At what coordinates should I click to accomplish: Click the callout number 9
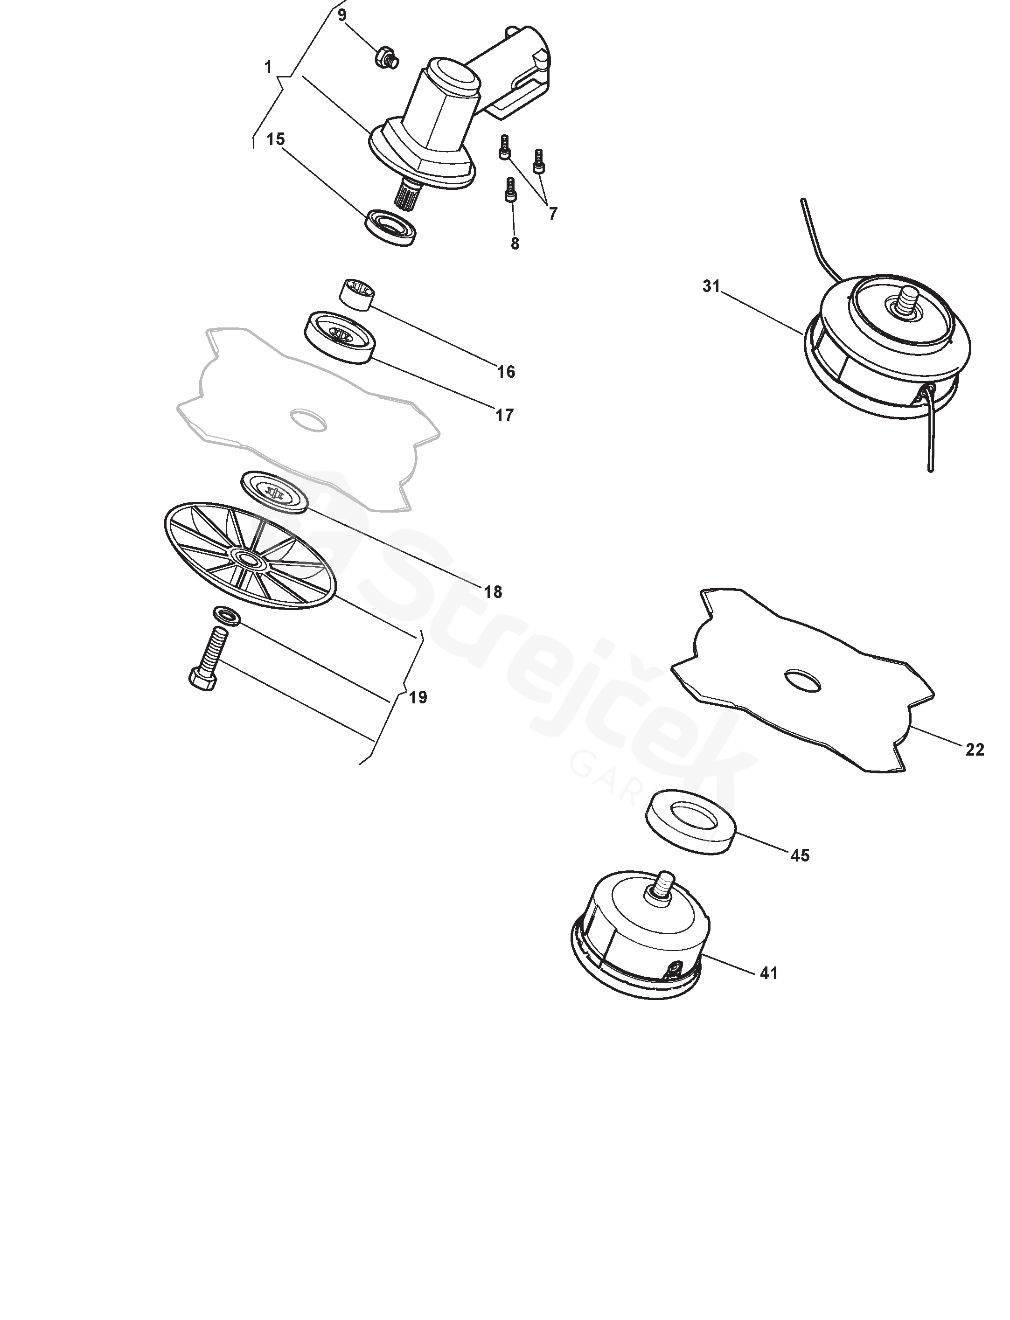point(342,14)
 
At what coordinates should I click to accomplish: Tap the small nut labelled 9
point(385,58)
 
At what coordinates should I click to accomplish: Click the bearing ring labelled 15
point(391,227)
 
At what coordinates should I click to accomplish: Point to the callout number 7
point(552,213)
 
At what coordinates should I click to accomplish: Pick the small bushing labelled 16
point(357,294)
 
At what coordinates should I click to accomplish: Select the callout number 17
point(504,415)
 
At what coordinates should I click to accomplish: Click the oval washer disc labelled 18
point(275,492)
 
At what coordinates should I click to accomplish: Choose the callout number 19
point(418,697)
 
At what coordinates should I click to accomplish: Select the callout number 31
point(711,287)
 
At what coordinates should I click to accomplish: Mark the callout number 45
point(800,855)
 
